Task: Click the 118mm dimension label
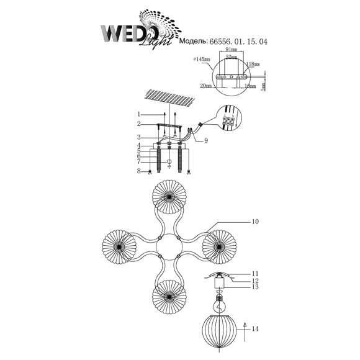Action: pyautogui.click(x=252, y=65)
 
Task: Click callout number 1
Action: pyautogui.click(x=140, y=114)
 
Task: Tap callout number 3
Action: pyautogui.click(x=140, y=137)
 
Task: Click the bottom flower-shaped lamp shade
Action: pyautogui.click(x=168, y=295)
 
